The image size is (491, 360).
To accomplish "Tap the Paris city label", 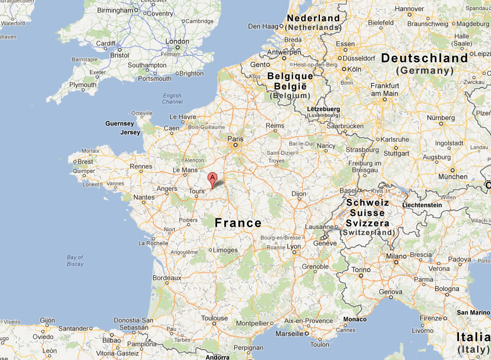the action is pyautogui.click(x=235, y=138).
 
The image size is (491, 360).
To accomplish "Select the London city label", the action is pyautogui.click(x=177, y=42).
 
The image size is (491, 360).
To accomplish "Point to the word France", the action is pyautogui.click(x=238, y=223).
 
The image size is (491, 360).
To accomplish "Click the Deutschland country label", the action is pyautogui.click(x=424, y=58).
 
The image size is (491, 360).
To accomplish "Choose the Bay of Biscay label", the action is pyautogui.click(x=75, y=260).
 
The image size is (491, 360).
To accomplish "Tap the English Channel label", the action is pyautogui.click(x=172, y=99).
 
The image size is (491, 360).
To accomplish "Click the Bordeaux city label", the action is pyautogui.click(x=166, y=278).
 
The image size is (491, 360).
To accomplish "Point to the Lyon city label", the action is pyautogui.click(x=294, y=247).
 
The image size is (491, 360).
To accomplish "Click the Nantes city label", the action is pyautogui.click(x=144, y=197).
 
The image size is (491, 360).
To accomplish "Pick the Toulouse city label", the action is pyautogui.click(x=214, y=319).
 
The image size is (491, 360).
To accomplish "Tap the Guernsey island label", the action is pyautogui.click(x=119, y=123).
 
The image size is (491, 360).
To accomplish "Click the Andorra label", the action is pyautogui.click(x=217, y=357).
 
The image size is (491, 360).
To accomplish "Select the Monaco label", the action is pyautogui.click(x=355, y=319).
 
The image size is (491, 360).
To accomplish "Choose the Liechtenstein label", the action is pyautogui.click(x=422, y=205).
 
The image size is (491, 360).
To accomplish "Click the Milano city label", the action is pyautogui.click(x=396, y=256).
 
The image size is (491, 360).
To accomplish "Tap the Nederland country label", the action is pyautogui.click(x=313, y=18).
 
